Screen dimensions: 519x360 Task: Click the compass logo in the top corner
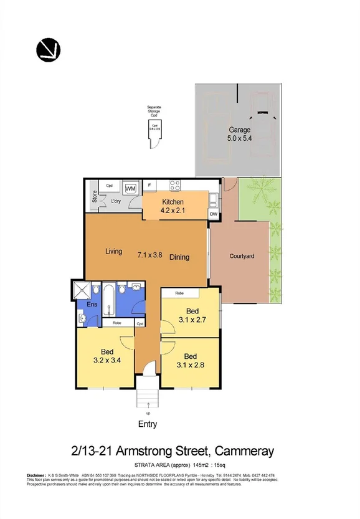tap(48, 48)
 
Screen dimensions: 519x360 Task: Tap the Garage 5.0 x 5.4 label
tap(239, 135)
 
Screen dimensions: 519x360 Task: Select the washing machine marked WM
tap(131, 188)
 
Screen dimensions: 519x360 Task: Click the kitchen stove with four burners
tap(176, 185)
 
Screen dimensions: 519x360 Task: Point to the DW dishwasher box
tap(214, 214)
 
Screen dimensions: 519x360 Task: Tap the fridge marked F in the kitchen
tap(149, 185)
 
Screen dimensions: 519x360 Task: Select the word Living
tap(113, 252)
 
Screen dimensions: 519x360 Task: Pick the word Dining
tap(179, 257)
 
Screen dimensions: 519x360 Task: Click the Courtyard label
tap(242, 256)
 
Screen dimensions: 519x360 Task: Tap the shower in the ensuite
tap(81, 291)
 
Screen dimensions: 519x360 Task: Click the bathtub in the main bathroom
tap(110, 301)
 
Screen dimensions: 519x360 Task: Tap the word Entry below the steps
tap(147, 424)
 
